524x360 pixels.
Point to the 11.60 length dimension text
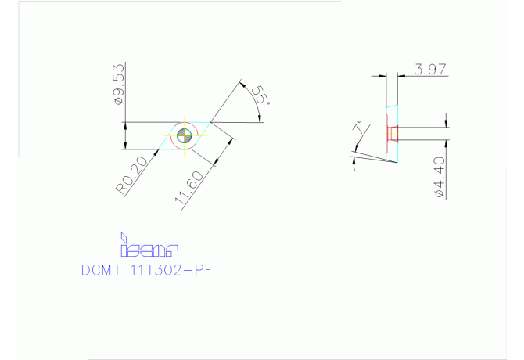click(190, 189)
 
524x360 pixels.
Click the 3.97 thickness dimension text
click(430, 70)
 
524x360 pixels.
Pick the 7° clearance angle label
click(359, 129)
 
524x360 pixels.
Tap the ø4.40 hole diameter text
click(439, 176)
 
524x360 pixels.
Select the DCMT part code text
click(102, 271)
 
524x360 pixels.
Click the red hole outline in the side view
click(393, 135)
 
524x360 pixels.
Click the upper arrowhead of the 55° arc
click(243, 84)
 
